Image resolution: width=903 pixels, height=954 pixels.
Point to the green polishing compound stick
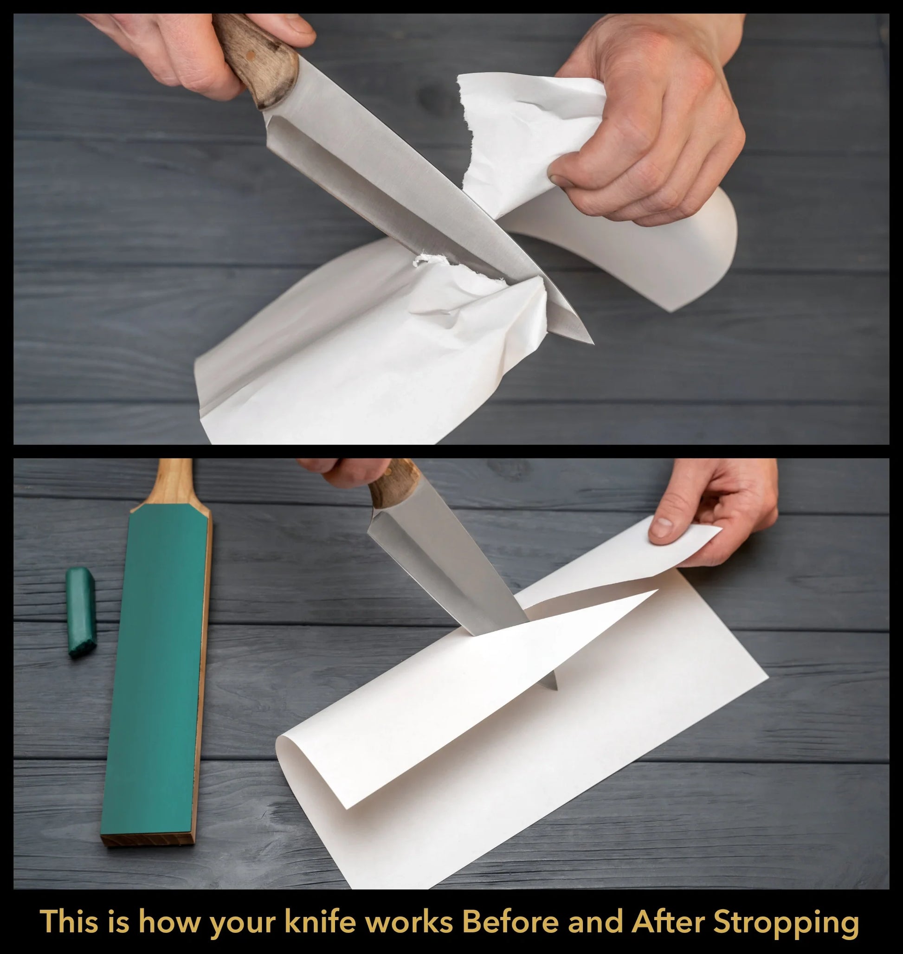pyautogui.click(x=81, y=612)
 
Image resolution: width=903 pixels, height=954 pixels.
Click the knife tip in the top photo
pyautogui.click(x=593, y=344)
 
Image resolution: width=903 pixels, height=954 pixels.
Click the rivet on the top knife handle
pyautogui.click(x=249, y=56)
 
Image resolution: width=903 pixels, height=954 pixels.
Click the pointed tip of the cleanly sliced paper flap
pyautogui.click(x=658, y=590)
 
